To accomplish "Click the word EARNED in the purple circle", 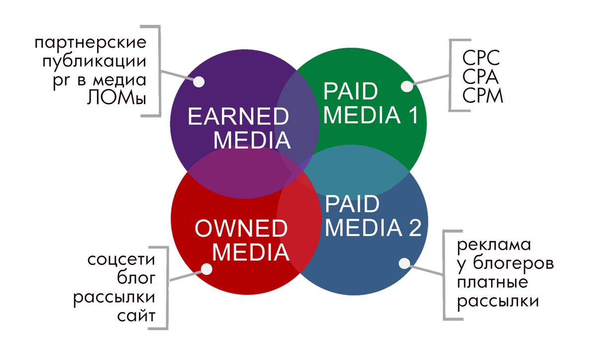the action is point(238,118).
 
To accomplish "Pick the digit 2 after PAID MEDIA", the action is point(414,228).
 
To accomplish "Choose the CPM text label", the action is point(483,95).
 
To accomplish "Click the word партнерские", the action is point(91,43).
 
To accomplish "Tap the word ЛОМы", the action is point(116,97).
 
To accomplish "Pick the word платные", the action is point(493,282).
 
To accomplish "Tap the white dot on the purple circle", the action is point(199,82).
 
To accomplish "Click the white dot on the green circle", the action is point(407,86).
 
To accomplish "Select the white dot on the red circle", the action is point(206,269).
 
